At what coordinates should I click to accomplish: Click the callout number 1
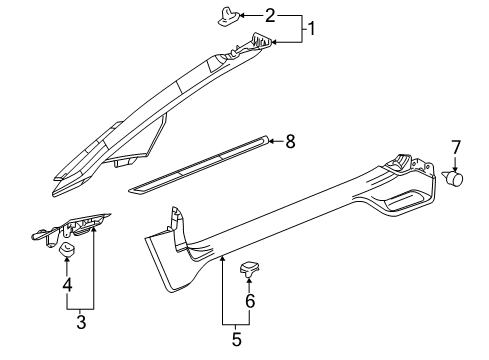coord(311,29)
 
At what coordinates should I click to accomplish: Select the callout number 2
coord(270,16)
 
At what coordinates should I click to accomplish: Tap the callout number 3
coord(81,322)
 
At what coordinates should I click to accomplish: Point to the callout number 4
coord(67,285)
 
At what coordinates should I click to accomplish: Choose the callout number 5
coord(236,339)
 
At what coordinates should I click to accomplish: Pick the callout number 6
coord(250,301)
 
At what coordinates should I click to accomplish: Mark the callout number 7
coord(456,148)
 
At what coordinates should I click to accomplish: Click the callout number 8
coord(290,142)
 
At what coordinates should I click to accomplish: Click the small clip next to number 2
coord(229,17)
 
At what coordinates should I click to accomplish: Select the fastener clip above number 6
coord(250,269)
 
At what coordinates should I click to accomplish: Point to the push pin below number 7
coord(453,177)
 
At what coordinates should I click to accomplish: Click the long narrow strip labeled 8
coord(199,164)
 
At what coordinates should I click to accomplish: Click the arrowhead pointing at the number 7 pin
coord(456,169)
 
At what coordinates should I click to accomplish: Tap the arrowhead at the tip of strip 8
coord(272,142)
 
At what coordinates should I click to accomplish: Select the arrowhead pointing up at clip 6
coord(250,280)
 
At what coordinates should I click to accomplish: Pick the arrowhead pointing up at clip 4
coord(67,260)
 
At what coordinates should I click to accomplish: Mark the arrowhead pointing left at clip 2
coord(242,15)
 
